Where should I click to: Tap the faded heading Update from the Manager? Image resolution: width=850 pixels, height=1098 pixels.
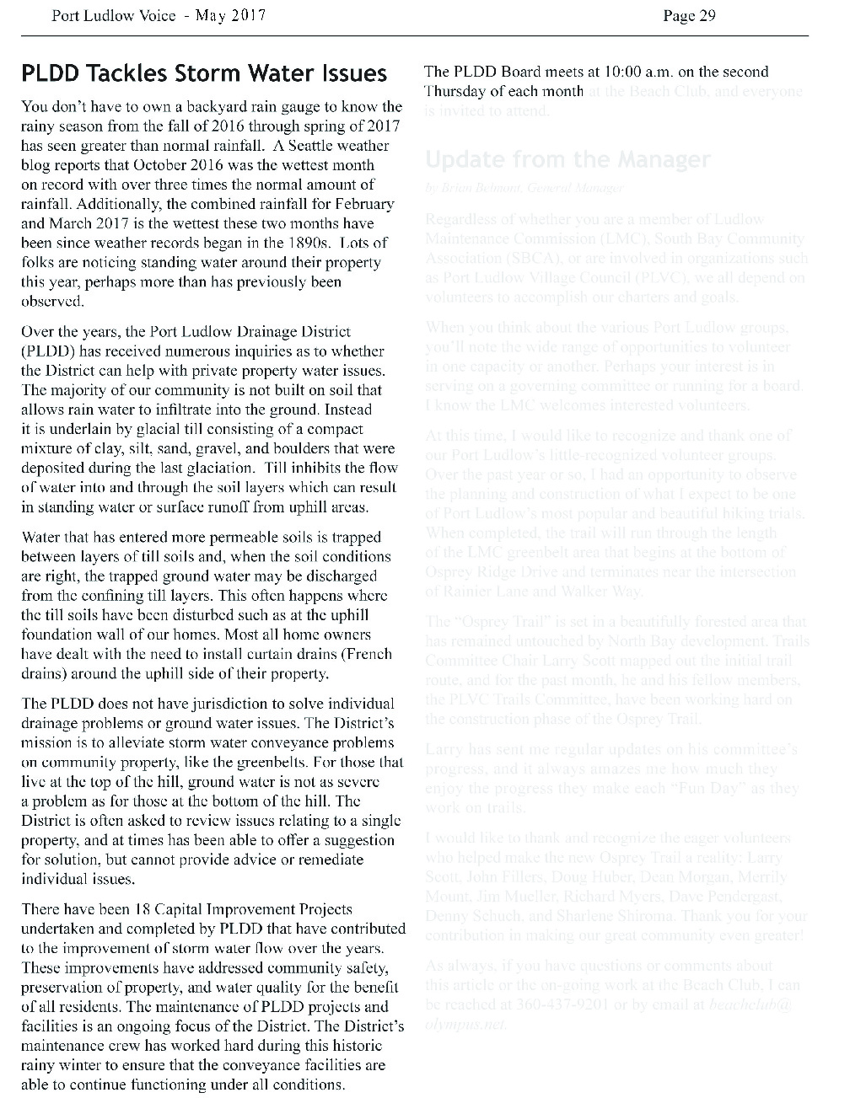coord(568,159)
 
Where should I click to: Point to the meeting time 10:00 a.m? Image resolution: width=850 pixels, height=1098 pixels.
coord(641,72)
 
